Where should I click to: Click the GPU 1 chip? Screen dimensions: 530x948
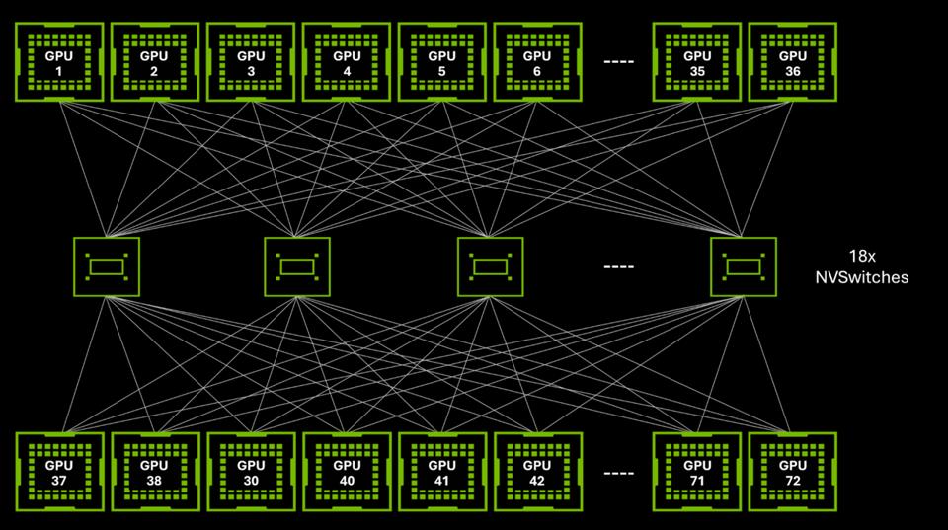click(59, 62)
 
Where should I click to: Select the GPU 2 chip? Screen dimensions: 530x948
click(155, 62)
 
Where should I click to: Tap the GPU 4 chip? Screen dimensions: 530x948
click(347, 62)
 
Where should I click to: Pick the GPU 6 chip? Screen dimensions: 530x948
click(537, 62)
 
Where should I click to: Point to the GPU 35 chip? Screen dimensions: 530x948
click(697, 62)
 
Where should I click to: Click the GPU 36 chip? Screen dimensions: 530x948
click(793, 62)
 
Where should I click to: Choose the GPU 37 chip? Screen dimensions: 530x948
click(59, 472)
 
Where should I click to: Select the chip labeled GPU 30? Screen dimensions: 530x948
click(251, 472)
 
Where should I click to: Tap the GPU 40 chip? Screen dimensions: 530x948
click(347, 472)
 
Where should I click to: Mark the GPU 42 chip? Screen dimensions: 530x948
click(537, 472)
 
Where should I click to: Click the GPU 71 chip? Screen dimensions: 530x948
click(697, 472)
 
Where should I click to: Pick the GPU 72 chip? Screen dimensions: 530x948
click(793, 472)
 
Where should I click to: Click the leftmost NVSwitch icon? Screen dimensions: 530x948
click(106, 266)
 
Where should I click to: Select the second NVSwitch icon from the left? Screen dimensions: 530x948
click(297, 266)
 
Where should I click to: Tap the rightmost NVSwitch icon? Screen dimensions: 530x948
click(743, 266)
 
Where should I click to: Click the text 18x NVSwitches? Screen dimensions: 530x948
click(861, 265)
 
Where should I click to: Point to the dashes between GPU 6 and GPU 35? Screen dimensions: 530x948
click(619, 62)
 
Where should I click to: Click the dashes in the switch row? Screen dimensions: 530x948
click(619, 266)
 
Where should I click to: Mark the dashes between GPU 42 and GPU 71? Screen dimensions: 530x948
click(619, 472)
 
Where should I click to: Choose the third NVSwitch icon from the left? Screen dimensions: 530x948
click(490, 266)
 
